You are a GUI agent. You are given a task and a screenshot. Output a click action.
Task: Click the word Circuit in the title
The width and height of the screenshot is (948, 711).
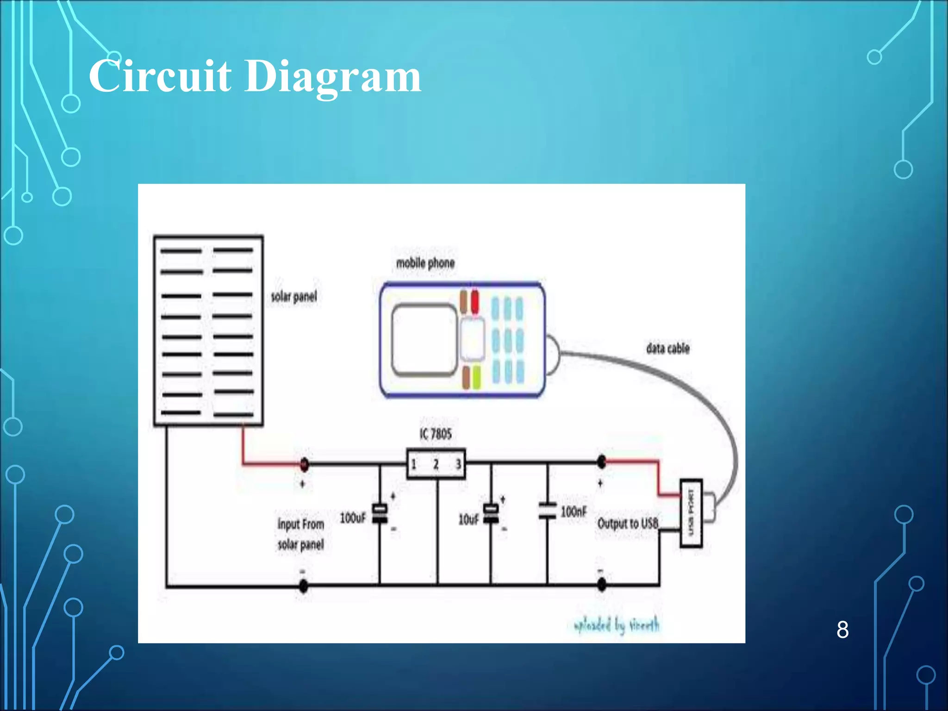(160, 76)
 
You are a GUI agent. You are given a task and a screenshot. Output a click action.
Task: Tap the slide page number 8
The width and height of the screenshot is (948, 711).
(842, 630)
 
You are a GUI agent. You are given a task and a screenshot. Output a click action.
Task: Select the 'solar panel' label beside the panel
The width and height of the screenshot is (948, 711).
(294, 296)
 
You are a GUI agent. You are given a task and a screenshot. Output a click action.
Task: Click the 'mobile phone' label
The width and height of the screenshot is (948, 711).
(425, 263)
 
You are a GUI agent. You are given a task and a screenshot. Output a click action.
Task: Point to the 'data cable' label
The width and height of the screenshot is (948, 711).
(667, 348)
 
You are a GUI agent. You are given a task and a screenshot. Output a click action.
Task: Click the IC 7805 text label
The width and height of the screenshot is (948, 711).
(435, 434)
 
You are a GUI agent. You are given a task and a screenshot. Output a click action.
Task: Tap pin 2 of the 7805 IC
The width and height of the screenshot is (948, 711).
(436, 464)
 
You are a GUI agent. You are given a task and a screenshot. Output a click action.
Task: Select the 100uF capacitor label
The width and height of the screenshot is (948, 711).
(353, 518)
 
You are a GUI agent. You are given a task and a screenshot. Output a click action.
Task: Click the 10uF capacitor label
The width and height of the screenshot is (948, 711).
(468, 519)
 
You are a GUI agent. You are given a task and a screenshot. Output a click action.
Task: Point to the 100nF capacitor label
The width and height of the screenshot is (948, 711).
(574, 512)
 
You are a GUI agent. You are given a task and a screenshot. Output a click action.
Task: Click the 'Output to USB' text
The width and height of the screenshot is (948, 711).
(628, 524)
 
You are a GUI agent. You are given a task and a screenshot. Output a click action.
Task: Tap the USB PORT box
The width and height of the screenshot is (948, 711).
(691, 513)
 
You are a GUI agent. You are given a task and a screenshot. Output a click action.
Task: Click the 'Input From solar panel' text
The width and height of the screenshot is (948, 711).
(300, 534)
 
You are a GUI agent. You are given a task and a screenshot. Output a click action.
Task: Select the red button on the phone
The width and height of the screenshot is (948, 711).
(475, 301)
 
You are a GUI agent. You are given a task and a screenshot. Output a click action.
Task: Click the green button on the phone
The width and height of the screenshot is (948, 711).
(476, 377)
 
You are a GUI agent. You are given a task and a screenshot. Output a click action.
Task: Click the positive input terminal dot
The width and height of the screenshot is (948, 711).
(304, 464)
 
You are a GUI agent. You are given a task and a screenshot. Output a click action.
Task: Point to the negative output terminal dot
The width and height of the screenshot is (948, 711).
(601, 585)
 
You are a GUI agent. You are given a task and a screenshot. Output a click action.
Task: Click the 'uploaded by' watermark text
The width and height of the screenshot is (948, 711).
(616, 625)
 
